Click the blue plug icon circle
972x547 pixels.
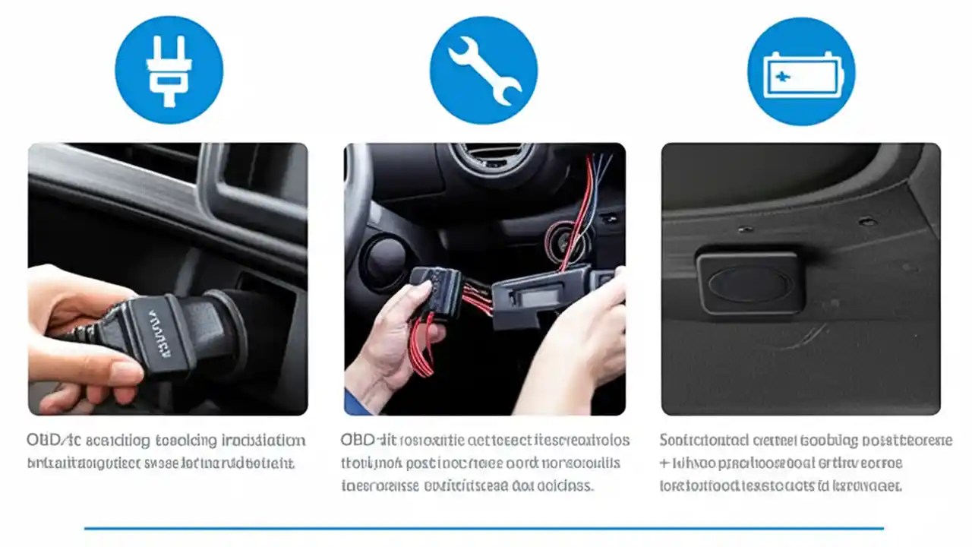coord(169,70)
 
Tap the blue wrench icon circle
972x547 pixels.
coord(484,70)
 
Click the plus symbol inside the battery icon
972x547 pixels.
coord(781,76)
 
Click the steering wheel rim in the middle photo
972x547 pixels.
coord(357,198)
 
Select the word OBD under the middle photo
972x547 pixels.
coord(357,441)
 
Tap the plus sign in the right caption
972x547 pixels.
coord(664,463)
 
